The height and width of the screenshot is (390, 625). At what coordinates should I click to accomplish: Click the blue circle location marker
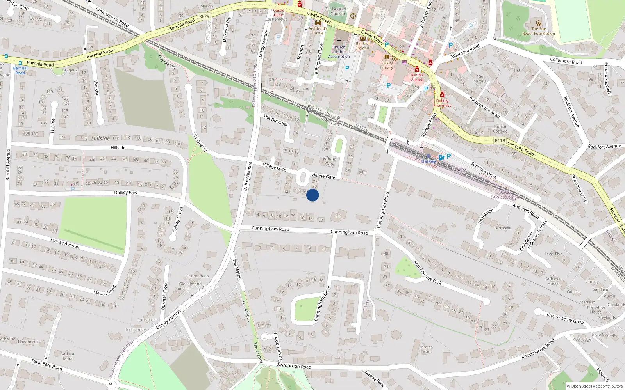312,195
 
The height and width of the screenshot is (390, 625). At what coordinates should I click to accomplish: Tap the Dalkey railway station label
429,161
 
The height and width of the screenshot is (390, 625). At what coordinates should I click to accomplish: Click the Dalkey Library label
387,65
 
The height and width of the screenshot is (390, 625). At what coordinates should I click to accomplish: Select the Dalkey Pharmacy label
442,103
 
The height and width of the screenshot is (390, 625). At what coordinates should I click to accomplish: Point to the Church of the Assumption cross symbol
339,41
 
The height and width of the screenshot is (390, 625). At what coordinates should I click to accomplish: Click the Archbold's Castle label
318,30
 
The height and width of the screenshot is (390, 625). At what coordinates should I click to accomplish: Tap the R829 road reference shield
204,16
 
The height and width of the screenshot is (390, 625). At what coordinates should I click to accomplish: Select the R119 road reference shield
500,140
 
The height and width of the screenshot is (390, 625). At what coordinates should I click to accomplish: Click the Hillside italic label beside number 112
100,138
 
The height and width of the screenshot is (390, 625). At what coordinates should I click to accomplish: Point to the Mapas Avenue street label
65,243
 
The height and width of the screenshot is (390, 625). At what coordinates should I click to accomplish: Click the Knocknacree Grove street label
565,318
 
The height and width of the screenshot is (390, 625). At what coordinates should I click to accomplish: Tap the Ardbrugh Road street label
296,366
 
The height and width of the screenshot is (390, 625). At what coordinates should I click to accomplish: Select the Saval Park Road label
46,365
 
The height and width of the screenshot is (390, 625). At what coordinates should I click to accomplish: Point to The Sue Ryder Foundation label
538,31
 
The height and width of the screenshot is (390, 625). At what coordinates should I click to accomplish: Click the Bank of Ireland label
362,46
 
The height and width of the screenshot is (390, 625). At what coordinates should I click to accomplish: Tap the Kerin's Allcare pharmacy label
417,77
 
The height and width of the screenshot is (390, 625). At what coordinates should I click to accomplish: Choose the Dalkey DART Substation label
505,195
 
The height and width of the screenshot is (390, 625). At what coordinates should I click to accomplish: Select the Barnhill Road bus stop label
20,70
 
